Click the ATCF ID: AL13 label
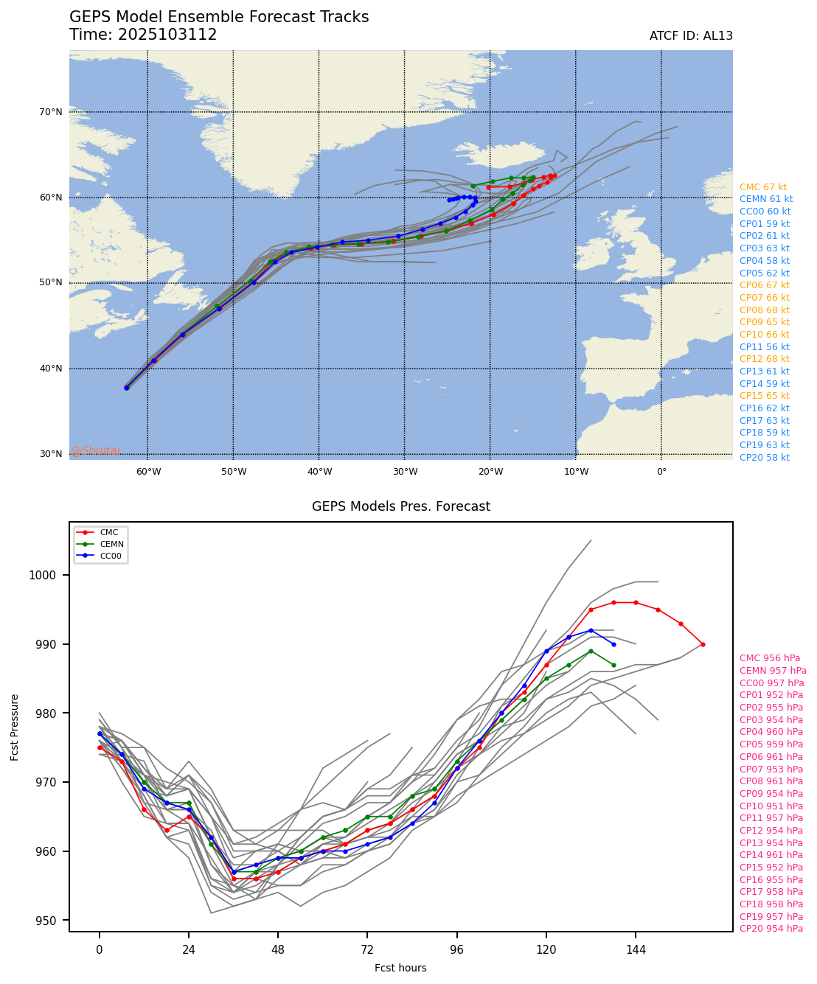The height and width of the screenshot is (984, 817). (691, 36)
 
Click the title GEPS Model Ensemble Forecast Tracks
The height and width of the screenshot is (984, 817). (219, 17)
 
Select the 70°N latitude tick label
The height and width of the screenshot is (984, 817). (51, 112)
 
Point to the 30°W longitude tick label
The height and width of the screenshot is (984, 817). (405, 472)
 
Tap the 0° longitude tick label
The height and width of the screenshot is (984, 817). (661, 472)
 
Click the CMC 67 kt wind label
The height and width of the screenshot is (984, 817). (762, 187)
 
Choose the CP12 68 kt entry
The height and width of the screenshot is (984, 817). (764, 359)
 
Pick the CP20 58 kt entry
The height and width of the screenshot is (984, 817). (764, 458)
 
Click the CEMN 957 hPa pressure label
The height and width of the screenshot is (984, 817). (773, 671)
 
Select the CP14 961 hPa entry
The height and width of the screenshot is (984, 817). (771, 855)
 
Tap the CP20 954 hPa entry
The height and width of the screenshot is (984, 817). (771, 929)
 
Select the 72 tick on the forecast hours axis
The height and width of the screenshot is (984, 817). (367, 950)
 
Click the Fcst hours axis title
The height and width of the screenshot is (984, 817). (400, 968)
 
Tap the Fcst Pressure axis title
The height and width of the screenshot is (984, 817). (15, 726)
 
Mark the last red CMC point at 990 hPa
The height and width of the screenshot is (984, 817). (703, 644)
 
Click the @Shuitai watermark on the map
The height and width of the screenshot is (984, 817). (96, 451)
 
